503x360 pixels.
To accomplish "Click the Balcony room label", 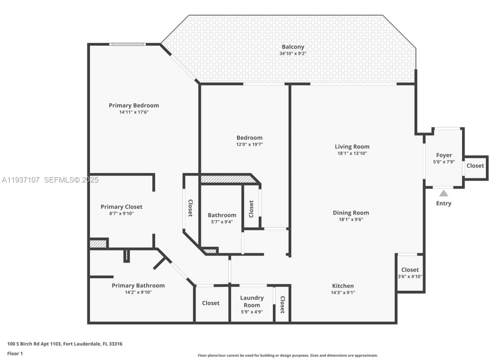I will (293, 47).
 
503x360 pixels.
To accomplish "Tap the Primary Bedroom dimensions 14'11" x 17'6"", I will (134, 112).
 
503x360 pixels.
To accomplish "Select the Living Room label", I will (352, 147).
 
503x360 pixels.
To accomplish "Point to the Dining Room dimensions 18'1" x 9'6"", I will (351, 220).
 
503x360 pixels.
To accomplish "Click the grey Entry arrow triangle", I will (444, 194).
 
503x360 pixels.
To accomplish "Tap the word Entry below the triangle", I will (444, 204).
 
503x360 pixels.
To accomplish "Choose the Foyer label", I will (444, 155).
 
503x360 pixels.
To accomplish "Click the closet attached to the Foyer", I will (475, 166).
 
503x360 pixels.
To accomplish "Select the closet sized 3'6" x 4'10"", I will (410, 273).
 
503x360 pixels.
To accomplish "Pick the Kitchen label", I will (343, 286).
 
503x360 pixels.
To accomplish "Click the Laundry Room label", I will (252, 301).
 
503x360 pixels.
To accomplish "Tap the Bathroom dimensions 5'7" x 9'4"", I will (222, 222).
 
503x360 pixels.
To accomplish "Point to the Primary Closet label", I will (121, 207).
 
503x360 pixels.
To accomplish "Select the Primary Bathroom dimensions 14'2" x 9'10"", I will (138, 292).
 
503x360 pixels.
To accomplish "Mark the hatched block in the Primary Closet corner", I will (98, 244).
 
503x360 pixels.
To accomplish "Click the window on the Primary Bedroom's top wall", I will (127, 44).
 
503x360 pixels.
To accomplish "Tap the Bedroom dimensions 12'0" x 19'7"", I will (249, 145).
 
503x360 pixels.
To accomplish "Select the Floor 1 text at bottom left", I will (15, 353).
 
